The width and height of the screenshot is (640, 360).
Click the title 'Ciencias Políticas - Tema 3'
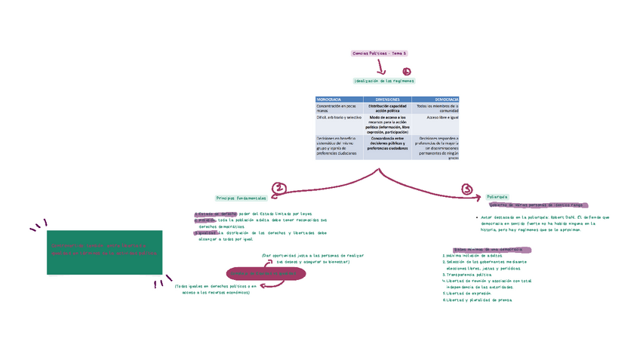380,54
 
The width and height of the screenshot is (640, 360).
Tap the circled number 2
279,189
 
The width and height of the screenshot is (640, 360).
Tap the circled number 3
467,189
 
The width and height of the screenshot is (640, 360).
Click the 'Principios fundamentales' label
242,198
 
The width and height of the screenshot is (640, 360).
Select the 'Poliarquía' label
497,197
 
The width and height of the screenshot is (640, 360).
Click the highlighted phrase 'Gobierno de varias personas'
522,205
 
